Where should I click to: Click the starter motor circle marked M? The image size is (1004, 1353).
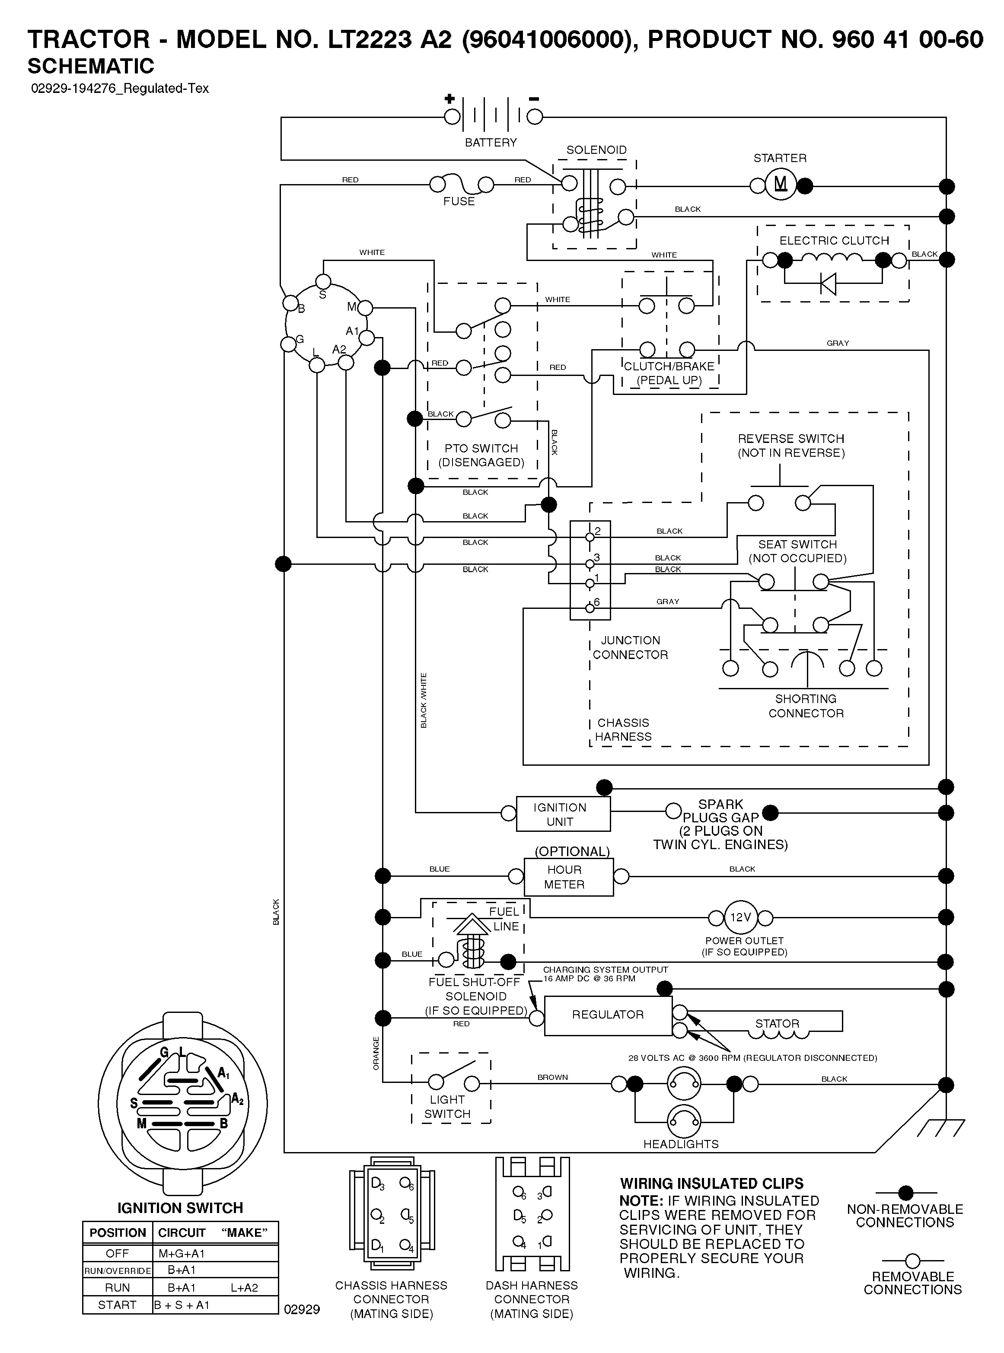click(x=781, y=184)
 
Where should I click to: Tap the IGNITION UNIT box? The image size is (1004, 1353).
click(x=564, y=814)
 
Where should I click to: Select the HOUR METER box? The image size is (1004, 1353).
click(x=569, y=877)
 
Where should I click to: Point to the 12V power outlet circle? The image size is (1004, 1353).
click(x=740, y=917)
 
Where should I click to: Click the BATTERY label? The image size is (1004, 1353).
click(x=491, y=142)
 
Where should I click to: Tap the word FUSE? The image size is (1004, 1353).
click(x=459, y=201)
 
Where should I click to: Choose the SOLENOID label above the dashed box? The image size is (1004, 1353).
click(x=596, y=150)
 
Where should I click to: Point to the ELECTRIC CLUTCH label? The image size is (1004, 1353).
click(x=834, y=241)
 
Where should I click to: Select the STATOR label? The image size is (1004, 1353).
click(x=777, y=1024)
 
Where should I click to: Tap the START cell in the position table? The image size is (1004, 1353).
click(x=117, y=1305)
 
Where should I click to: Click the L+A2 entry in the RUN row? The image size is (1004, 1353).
click(x=244, y=1287)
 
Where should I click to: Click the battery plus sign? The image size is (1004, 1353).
click(x=450, y=99)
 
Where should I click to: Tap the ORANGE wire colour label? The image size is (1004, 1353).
click(x=376, y=1054)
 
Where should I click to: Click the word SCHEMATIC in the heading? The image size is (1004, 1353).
click(x=91, y=66)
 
